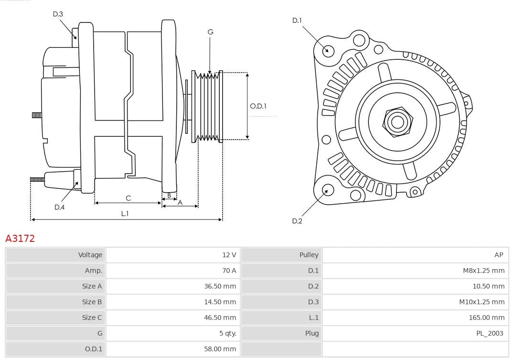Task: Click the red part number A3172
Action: [x=20, y=238]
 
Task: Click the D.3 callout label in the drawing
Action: [x=58, y=14]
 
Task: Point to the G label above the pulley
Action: [x=210, y=32]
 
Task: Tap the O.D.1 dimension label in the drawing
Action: [x=258, y=106]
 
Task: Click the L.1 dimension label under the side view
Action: [x=125, y=214]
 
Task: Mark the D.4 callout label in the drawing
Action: [x=59, y=207]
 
